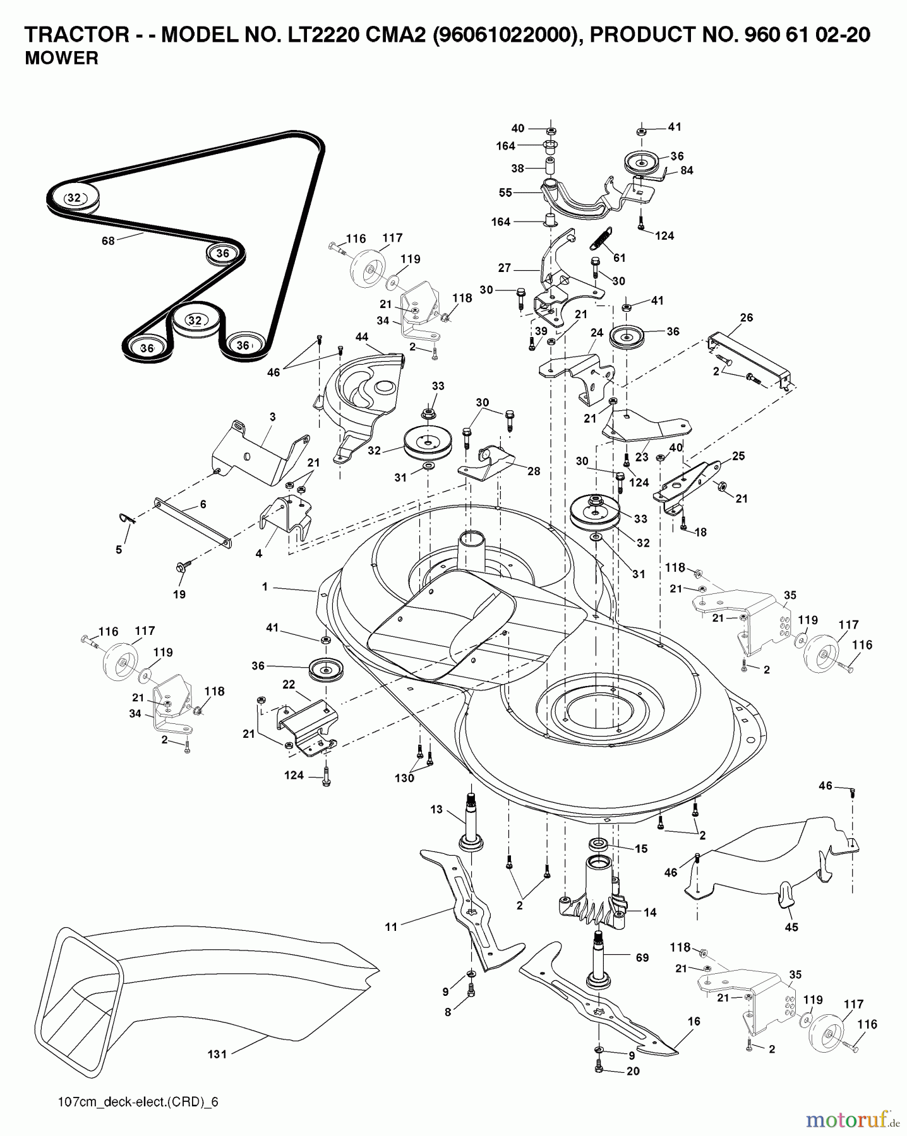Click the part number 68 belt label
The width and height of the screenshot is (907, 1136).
[108, 240]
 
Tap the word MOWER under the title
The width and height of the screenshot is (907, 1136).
[61, 59]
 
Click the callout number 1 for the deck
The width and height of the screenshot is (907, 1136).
[265, 587]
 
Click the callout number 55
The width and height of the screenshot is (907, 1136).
[505, 193]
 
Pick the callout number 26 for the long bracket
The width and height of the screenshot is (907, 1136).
[746, 317]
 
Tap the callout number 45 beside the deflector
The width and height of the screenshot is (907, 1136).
[791, 927]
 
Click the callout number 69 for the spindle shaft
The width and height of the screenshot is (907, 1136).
[642, 958]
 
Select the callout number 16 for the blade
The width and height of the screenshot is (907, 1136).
[694, 1021]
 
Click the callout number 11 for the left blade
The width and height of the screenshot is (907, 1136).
[391, 926]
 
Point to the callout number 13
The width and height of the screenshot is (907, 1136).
[436, 810]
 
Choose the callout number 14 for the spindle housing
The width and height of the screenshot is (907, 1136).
[650, 912]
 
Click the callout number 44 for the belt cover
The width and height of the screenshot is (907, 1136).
[361, 337]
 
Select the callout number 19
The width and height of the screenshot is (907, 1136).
[179, 595]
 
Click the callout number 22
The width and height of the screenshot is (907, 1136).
[289, 685]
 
